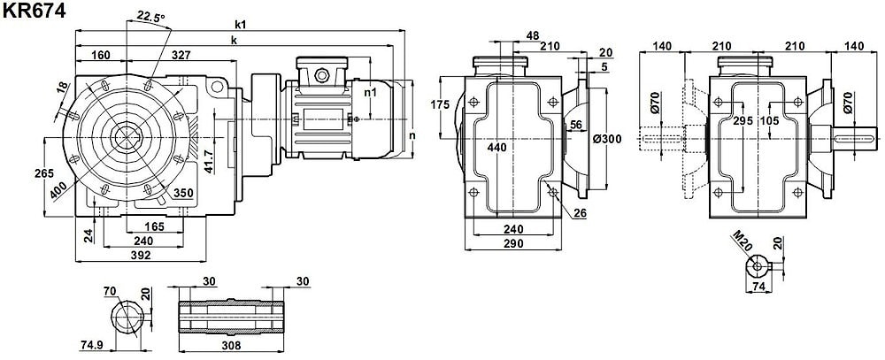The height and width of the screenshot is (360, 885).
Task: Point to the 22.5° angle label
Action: click(x=151, y=16)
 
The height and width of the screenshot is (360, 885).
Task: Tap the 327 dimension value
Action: click(x=181, y=55)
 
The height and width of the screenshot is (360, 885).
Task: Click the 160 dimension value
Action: click(x=101, y=55)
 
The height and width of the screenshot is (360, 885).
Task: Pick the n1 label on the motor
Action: click(x=371, y=91)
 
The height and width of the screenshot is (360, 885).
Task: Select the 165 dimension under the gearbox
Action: click(x=154, y=226)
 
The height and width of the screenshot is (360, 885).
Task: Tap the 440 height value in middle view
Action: click(x=497, y=148)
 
